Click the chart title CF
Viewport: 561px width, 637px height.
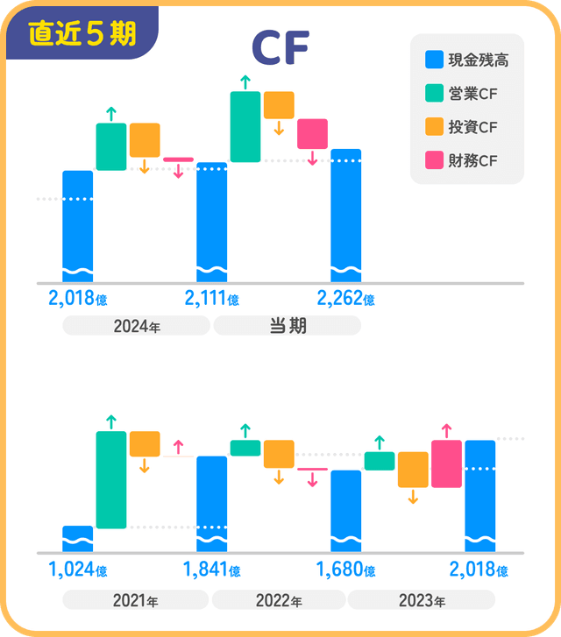[x=280, y=50]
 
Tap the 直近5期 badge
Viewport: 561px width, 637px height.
[x=82, y=34]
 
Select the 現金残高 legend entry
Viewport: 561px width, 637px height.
[x=466, y=60]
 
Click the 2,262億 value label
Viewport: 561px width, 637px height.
[x=345, y=299]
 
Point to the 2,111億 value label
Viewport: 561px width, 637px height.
[x=211, y=299]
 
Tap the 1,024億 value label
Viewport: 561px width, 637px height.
[x=77, y=570]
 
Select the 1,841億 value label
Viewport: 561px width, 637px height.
[x=211, y=570]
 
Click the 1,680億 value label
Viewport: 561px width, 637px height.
[x=345, y=570]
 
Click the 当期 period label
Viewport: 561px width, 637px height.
[x=287, y=326]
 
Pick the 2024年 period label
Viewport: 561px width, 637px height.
[x=136, y=326]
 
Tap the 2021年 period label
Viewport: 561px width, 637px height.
[x=136, y=600]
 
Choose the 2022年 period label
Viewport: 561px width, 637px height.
[x=279, y=600]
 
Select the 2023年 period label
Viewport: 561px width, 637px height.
[x=422, y=600]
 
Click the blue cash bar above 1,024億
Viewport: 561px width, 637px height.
[x=78, y=539]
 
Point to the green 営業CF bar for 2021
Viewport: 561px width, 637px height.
[x=111, y=479]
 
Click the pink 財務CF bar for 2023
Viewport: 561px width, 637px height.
[x=446, y=464]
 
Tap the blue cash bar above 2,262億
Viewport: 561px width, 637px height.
[x=345, y=215]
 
